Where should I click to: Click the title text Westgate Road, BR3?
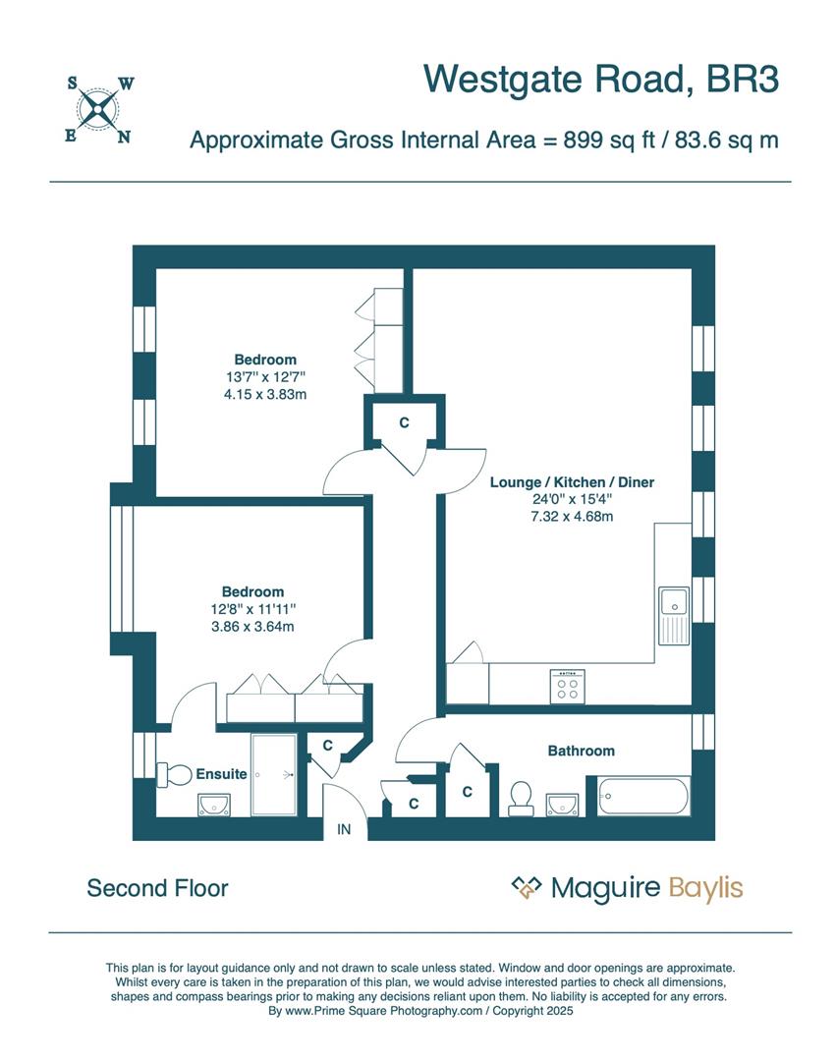[x=601, y=79]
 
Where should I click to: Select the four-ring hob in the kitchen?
[x=568, y=685]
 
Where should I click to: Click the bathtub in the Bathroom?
[x=638, y=795]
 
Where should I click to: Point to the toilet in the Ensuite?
[x=174, y=774]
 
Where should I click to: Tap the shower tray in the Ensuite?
[x=274, y=774]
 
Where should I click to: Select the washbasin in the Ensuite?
[x=213, y=807]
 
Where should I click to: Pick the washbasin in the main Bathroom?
[x=561, y=804]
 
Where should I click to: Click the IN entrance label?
[x=344, y=830]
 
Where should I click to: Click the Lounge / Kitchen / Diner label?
[x=572, y=482]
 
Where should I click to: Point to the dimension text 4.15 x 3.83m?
[x=265, y=394]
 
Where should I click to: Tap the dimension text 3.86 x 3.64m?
[x=252, y=626]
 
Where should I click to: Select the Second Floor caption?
[x=157, y=888]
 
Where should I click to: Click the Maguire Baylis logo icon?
[x=527, y=888]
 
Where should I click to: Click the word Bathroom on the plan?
[x=581, y=751]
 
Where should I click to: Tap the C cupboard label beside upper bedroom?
[x=403, y=422]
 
